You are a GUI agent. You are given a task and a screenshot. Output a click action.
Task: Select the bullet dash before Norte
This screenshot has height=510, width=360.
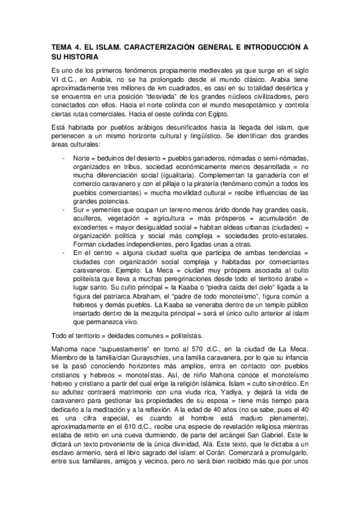64,158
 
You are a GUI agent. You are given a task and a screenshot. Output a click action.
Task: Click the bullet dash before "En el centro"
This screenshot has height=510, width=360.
64,254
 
